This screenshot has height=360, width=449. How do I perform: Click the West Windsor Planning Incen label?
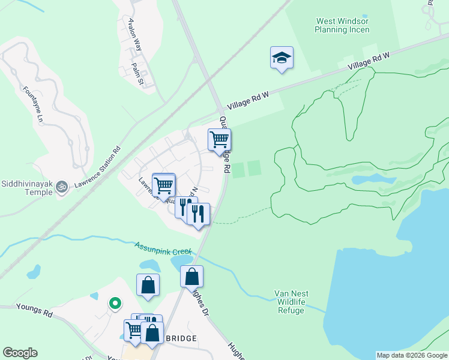[x=343, y=25]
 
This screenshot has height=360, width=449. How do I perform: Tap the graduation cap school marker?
[x=282, y=58]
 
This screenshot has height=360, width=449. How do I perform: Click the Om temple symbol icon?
[x=61, y=188]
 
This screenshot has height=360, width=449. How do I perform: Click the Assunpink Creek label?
[x=163, y=248]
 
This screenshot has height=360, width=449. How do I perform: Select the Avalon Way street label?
[x=134, y=34]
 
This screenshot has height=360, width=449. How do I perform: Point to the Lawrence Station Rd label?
[x=97, y=169]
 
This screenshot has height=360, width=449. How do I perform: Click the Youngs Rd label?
[x=35, y=313]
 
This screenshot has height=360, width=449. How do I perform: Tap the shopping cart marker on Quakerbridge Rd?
[x=219, y=140]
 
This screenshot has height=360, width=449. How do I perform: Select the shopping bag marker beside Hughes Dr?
[x=191, y=277]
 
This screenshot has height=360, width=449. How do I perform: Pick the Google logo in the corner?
[x=20, y=353]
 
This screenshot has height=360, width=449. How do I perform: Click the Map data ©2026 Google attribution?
[x=412, y=355]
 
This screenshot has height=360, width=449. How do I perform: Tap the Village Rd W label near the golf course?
[x=369, y=62]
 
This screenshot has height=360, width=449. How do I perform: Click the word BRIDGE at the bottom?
[x=179, y=339]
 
